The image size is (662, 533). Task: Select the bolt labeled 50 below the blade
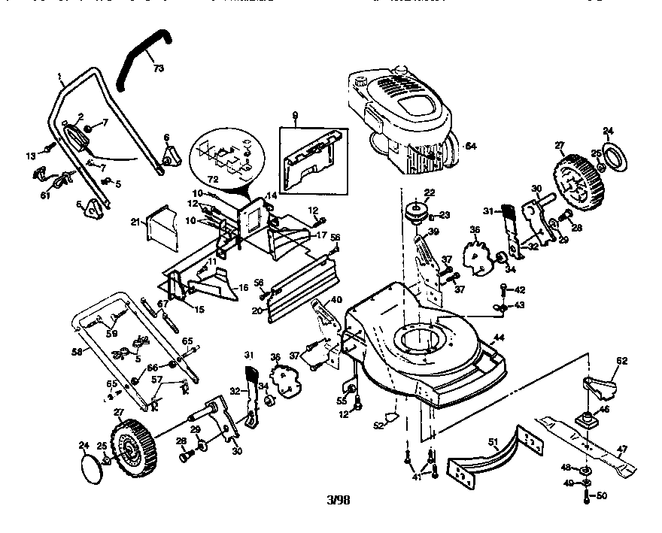pyautogui.click(x=588, y=496)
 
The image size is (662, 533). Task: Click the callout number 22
pyautogui.click(x=430, y=193)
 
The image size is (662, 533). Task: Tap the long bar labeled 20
pyautogui.click(x=301, y=293)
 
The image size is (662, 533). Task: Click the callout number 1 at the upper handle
pyautogui.click(x=59, y=76)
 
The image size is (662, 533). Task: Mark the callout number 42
pyautogui.click(x=520, y=289)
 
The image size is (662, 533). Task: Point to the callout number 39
pyautogui.click(x=433, y=232)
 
